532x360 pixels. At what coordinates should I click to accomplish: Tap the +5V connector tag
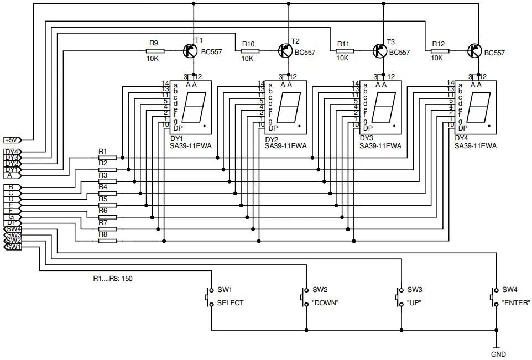(12, 140)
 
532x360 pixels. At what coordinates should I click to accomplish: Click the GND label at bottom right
(498, 354)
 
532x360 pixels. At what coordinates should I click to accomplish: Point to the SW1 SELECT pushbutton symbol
(210, 296)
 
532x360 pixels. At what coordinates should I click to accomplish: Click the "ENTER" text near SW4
(515, 303)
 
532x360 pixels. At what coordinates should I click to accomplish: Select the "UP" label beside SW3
(415, 303)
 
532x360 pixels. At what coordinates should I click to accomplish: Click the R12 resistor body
(439, 51)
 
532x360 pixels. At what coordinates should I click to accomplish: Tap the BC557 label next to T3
(400, 53)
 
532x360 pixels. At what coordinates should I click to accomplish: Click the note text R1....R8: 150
(113, 279)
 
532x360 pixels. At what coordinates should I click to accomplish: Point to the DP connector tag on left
(11, 222)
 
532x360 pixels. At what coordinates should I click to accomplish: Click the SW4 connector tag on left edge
(12, 228)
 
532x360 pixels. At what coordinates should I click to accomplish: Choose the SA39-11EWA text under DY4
(476, 147)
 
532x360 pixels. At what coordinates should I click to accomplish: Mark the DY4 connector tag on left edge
(12, 152)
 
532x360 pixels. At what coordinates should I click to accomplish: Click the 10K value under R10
(247, 58)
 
